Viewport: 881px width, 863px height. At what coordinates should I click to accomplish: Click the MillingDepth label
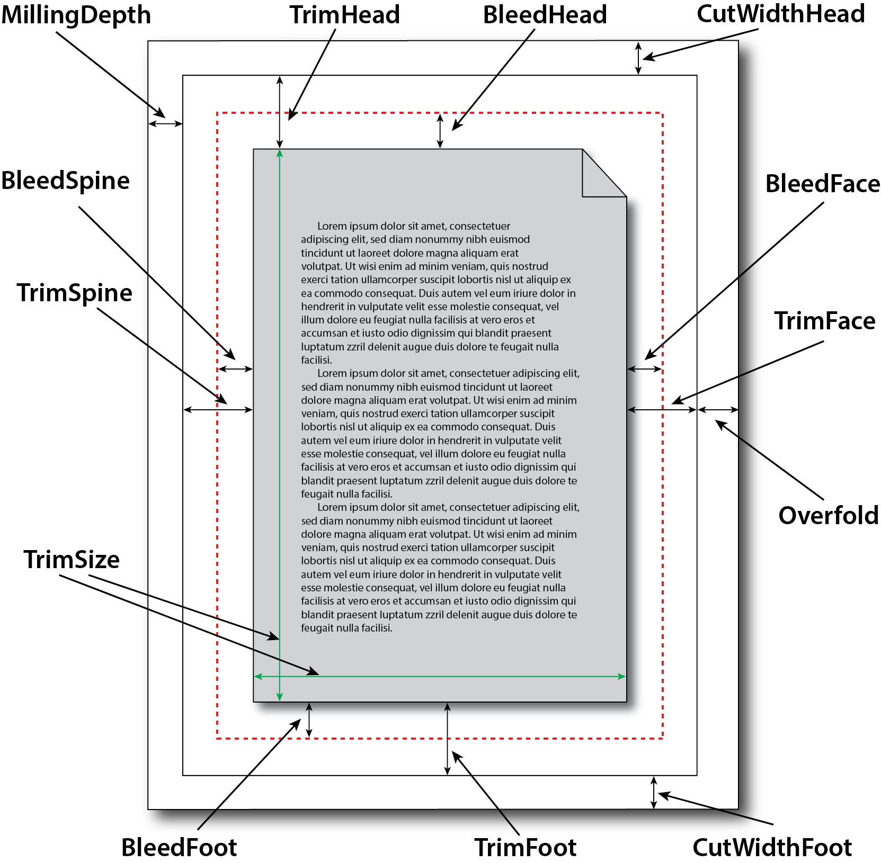76,15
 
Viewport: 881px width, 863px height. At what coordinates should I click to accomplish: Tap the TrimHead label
344,15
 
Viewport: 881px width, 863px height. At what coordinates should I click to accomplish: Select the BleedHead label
545,15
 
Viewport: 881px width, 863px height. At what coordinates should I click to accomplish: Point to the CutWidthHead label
780,14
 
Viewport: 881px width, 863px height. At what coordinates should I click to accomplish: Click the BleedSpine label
66,181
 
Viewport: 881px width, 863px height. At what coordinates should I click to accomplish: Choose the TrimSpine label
75,293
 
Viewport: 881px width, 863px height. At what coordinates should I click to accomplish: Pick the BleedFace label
822,184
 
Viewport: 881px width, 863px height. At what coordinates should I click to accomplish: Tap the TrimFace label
824,321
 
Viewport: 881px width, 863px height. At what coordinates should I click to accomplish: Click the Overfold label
828,515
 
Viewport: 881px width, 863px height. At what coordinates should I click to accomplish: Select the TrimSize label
72,560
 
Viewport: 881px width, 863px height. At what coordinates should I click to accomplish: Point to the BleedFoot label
179,847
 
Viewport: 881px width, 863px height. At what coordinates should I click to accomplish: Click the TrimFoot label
525,847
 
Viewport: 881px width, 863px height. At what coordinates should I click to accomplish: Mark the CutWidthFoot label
772,847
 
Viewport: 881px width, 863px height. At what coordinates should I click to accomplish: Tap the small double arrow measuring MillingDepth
165,124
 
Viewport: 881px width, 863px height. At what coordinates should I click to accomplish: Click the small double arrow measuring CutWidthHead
638,58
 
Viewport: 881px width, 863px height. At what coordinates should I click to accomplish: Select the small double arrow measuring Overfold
718,409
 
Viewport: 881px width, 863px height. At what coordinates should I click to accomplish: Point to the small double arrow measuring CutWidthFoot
654,793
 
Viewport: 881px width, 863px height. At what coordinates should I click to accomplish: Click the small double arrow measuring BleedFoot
309,720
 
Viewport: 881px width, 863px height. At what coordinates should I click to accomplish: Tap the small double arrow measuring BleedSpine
235,369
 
